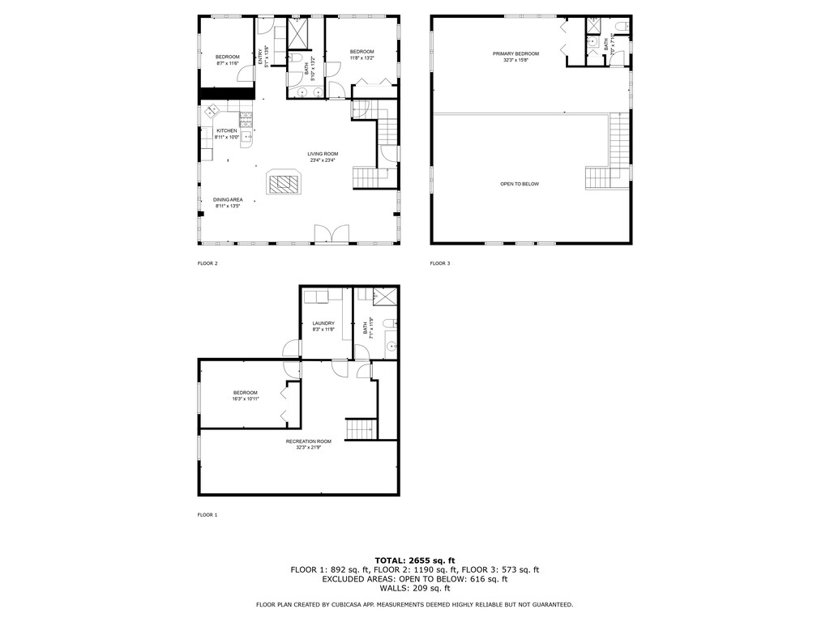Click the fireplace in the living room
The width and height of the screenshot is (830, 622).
tap(284, 184)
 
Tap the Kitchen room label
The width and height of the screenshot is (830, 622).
tap(226, 130)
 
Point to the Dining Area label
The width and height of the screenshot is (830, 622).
tap(228, 199)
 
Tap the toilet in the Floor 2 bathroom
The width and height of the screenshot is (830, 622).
tap(296, 59)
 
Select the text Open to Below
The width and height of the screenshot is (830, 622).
tap(519, 184)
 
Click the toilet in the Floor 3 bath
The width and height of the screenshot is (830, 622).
tap(620, 28)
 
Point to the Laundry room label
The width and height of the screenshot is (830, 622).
tap(323, 323)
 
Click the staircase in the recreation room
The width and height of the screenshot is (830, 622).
tap(362, 429)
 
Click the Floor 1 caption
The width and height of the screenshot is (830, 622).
tap(207, 514)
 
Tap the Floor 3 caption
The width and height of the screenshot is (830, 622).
tap(439, 263)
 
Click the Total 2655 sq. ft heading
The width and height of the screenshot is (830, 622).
tap(414, 560)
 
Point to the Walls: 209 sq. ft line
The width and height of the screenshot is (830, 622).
tap(414, 588)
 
